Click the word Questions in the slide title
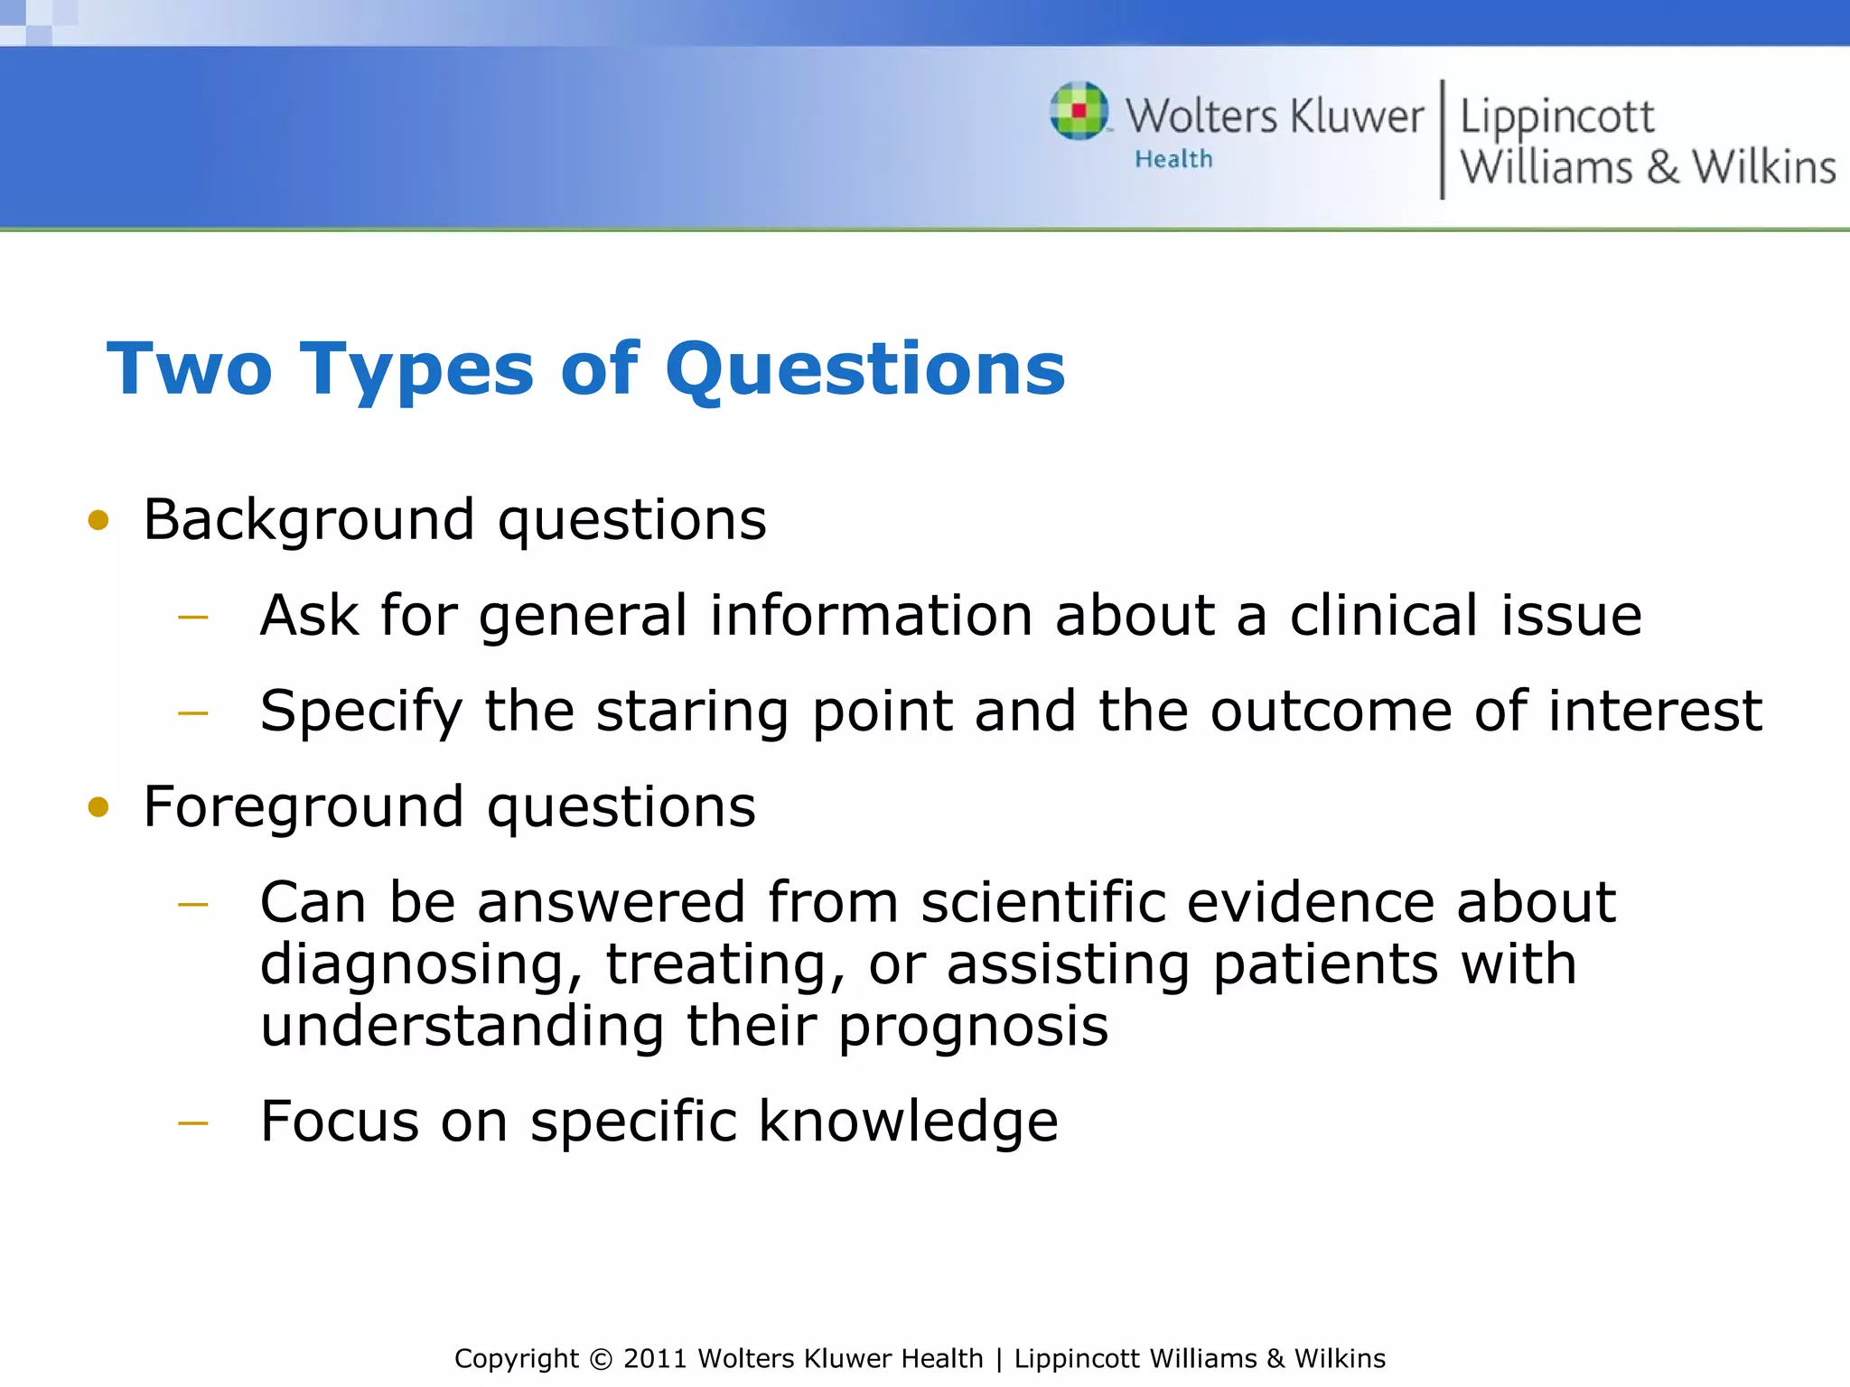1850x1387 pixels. click(x=865, y=370)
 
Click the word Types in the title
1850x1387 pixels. click(x=416, y=370)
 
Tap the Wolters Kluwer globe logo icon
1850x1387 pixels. click(x=1079, y=111)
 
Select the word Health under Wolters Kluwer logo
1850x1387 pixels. click(x=1173, y=160)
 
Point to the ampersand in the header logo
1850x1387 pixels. click(x=1662, y=168)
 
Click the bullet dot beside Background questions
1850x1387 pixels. click(x=98, y=521)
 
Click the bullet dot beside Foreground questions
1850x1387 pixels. click(x=98, y=807)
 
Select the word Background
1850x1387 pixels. click(x=308, y=521)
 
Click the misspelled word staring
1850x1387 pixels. click(x=692, y=712)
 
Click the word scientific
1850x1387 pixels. click(x=1042, y=903)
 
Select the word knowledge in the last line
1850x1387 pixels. click(x=907, y=1122)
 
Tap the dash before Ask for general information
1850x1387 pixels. click(x=193, y=618)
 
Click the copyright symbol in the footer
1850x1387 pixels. click(x=600, y=1359)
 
